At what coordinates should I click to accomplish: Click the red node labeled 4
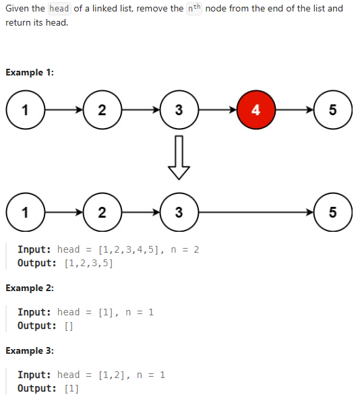[x=256, y=111]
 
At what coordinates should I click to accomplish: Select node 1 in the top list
[x=24, y=111]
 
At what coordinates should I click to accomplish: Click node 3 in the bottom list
[x=178, y=212]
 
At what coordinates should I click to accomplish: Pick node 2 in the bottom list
[x=101, y=212]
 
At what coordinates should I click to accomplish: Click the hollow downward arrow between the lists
[x=178, y=156]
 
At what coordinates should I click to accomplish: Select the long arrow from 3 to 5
[x=256, y=212]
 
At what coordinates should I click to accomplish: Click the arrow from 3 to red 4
[x=217, y=111]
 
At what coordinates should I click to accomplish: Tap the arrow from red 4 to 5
[x=295, y=111]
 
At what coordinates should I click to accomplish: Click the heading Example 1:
[x=30, y=73]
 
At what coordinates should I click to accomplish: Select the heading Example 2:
[x=30, y=288]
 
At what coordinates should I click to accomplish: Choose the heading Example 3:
[x=30, y=351]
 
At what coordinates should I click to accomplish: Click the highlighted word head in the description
[x=59, y=9]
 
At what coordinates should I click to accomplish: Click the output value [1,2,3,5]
[x=88, y=263]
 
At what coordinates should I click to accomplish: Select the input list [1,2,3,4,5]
[x=129, y=250]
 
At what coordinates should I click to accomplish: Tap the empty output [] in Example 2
[x=69, y=326]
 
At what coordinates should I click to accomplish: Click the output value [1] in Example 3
[x=71, y=389]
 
